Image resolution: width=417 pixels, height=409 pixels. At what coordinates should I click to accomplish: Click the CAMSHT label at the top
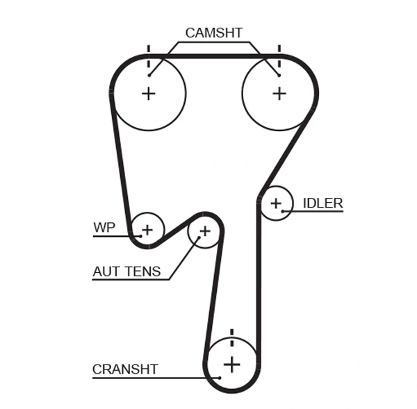pos(213,33)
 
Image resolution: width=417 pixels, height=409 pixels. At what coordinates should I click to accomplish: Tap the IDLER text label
pos(322,203)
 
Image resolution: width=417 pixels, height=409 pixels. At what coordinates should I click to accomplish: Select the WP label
pos(104,228)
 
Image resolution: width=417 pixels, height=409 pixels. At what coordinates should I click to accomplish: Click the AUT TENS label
pos(126,272)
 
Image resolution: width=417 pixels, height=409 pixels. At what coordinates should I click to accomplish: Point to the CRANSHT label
pos(125,369)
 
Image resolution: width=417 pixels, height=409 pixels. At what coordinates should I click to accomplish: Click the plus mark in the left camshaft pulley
pos(148,93)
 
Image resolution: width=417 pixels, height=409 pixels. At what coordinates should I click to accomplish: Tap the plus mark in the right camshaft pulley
pos(279,93)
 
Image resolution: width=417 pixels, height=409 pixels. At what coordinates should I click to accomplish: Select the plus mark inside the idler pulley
pos(276,203)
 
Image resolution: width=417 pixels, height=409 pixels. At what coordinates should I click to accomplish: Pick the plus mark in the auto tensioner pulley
pos(204,231)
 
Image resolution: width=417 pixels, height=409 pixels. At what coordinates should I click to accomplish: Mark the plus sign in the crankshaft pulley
pos(231,363)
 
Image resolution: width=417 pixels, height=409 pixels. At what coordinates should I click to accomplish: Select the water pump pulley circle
pos(156,219)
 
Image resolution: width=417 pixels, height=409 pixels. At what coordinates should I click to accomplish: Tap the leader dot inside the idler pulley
pos(284,210)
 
